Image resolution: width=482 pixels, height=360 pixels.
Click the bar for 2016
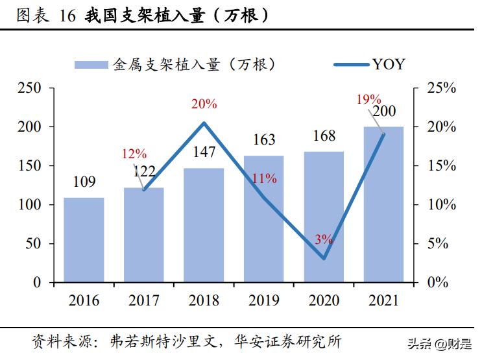click(84, 240)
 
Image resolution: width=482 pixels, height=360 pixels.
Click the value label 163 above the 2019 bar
click(263, 140)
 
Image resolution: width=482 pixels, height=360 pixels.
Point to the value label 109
click(84, 182)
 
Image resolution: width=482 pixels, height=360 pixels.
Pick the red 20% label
click(204, 104)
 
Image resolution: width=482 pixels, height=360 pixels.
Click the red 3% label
click(323, 239)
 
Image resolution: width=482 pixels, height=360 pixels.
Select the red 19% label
click(368, 99)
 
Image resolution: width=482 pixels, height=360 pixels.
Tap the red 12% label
click(134, 154)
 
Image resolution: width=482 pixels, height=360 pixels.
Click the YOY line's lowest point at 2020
click(324, 258)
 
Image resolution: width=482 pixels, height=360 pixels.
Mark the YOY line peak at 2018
click(204, 123)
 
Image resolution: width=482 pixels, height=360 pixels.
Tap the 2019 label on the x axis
click(263, 301)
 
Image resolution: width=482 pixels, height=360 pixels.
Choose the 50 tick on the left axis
click(34, 244)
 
